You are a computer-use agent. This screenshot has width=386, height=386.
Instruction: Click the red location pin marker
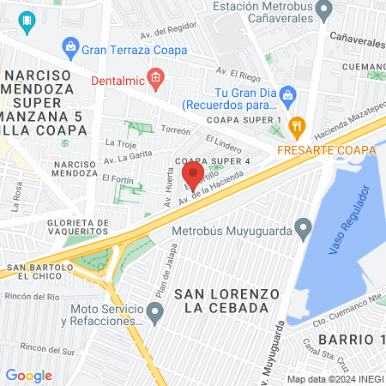pos(193,177)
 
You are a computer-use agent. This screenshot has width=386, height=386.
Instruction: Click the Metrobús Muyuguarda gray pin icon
pos(303,228)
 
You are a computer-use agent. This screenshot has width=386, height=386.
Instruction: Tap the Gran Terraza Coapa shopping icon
pos(70,48)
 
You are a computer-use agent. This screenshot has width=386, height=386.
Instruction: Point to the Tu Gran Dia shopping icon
pos(289,93)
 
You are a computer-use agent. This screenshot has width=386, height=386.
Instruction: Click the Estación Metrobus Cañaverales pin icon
pos(324,11)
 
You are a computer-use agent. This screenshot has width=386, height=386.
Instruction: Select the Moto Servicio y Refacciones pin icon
pos(154,315)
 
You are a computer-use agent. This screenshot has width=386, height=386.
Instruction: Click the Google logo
pos(28,376)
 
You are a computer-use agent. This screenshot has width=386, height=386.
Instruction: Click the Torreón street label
pos(175,131)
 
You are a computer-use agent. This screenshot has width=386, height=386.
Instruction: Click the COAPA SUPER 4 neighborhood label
pos(212,160)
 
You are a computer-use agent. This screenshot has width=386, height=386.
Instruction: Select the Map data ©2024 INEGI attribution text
pos(335,379)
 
